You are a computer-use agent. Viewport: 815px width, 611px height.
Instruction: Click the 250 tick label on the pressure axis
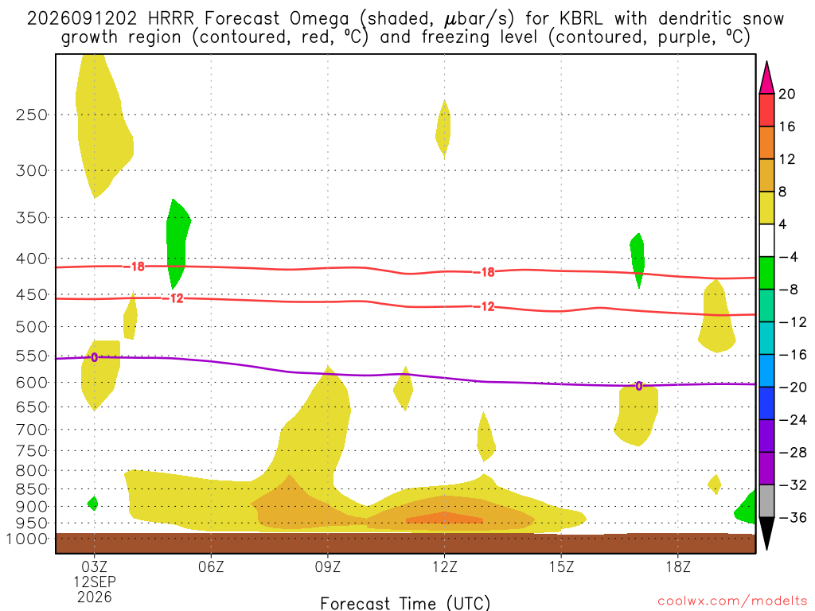(x=31, y=115)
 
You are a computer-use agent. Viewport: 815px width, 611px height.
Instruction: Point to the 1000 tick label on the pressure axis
(x=27, y=539)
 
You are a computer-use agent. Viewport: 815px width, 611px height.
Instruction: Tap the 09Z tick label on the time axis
(x=327, y=566)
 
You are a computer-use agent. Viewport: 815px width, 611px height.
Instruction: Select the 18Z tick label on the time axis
(x=678, y=566)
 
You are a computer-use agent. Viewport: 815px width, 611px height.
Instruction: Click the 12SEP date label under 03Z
(x=94, y=582)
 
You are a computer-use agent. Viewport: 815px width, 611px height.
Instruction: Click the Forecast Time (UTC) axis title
(x=405, y=603)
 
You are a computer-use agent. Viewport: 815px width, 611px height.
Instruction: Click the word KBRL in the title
(x=581, y=19)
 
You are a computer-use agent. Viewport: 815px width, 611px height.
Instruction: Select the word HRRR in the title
(x=171, y=19)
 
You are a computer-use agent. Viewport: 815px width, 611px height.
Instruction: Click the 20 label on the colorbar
(x=787, y=94)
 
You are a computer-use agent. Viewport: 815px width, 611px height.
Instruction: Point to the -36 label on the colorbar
(x=792, y=517)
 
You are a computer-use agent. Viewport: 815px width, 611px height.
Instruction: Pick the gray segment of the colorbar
(x=766, y=501)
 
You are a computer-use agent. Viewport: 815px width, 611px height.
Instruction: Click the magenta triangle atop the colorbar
(x=766, y=78)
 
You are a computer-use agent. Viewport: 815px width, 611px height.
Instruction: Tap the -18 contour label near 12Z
(x=484, y=272)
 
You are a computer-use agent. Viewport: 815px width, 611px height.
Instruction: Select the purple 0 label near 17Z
(x=639, y=386)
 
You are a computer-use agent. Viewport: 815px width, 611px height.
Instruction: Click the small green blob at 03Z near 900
(x=93, y=503)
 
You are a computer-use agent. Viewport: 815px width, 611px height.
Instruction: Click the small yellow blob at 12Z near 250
(x=443, y=128)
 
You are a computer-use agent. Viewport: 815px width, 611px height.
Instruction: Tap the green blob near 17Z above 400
(x=638, y=259)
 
